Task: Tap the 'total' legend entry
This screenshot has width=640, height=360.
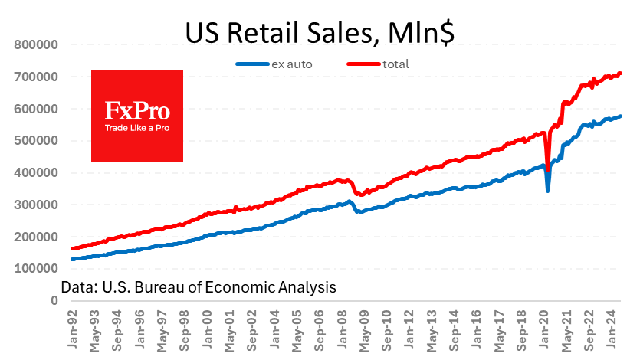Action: tap(395, 64)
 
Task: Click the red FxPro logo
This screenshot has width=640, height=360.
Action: tap(137, 116)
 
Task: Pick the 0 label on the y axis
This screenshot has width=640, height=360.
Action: tap(54, 301)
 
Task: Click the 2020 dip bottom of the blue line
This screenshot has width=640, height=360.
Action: tap(547, 190)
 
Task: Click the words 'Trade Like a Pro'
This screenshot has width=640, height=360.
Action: tap(137, 127)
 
